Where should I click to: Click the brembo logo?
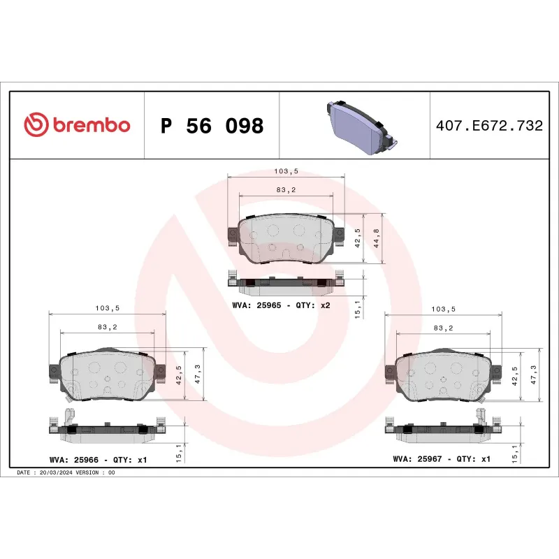click(77, 125)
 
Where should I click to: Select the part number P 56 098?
click(212, 126)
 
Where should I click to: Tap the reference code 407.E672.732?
click(488, 126)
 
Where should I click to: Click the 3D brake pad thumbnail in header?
click(360, 126)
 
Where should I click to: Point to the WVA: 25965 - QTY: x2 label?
click(281, 305)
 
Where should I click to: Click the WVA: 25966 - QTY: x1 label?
click(99, 459)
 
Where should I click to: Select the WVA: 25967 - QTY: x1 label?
click(442, 459)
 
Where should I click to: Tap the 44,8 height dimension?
click(377, 238)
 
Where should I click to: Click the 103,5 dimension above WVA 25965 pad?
click(286, 170)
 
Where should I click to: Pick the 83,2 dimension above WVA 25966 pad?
click(107, 326)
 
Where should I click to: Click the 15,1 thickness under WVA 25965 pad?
click(359, 307)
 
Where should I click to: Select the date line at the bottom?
click(66, 473)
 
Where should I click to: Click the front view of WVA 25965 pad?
click(286, 239)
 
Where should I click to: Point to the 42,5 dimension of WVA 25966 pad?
click(179, 375)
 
